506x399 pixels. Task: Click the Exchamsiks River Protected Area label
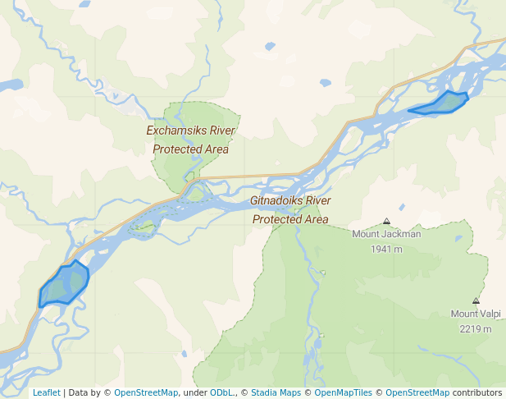pos(191,140)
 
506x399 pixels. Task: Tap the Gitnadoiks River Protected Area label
pos(290,209)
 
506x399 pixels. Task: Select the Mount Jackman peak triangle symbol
pos(386,221)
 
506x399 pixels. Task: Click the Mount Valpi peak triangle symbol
pos(476,300)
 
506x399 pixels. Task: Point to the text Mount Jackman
pos(386,234)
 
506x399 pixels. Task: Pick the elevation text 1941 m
pos(386,249)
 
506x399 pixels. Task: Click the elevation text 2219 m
pos(476,328)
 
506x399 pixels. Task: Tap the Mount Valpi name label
pos(476,314)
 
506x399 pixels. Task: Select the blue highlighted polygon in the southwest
pos(64,285)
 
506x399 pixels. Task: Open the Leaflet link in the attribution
pos(46,392)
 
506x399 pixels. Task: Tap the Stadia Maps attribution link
pos(276,392)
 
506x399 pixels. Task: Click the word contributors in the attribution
pos(477,392)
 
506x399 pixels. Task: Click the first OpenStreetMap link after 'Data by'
pos(146,392)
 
